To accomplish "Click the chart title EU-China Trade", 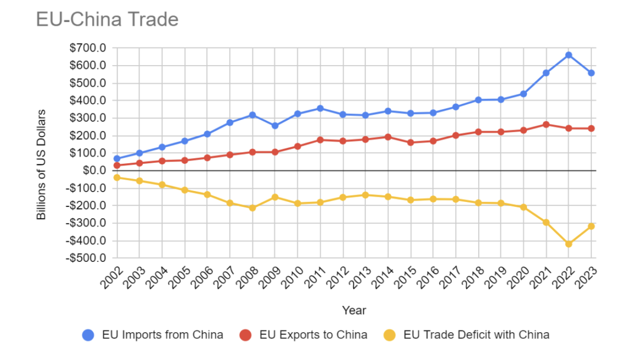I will coord(107,19).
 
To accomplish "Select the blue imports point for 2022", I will coord(569,55).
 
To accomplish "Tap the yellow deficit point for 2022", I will coord(569,244).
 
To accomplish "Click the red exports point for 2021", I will coord(546,124).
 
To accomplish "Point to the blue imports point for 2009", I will coord(275,126).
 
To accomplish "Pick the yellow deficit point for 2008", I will coord(252,208).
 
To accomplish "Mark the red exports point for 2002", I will coord(117,165).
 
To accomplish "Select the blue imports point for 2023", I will coord(591,73).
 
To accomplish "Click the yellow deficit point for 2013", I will coord(365,195).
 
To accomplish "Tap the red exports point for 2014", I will coord(388,137).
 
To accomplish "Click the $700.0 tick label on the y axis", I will coord(87,48).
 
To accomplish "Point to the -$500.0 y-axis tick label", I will coord(86,258).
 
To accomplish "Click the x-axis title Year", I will coord(354,310).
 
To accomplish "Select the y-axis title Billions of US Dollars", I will coord(41,164).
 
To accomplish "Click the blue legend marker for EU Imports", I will coord(88,335).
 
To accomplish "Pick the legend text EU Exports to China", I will coord(313,335).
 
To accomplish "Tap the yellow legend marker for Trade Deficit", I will coord(390,335).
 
